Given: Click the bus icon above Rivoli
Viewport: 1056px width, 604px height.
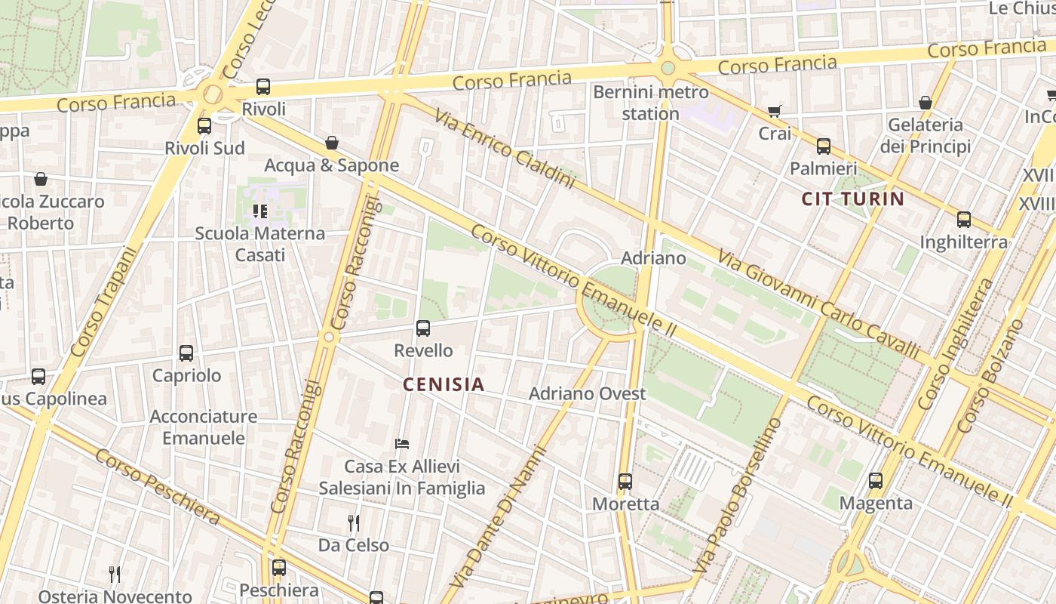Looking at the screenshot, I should coord(263,87).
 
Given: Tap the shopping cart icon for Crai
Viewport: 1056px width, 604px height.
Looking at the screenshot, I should coord(775,112).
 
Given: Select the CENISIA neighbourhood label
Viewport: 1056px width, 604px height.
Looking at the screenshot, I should coord(444,384).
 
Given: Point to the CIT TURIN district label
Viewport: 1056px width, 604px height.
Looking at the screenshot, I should coord(852,199).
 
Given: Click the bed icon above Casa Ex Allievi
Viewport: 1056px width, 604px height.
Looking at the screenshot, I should coord(402,444).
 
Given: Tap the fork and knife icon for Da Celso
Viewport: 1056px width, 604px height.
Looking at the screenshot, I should coord(353,522).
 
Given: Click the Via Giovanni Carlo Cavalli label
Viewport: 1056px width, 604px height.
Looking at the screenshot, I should coord(818,305).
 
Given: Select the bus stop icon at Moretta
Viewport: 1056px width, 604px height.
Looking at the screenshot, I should coord(625,481).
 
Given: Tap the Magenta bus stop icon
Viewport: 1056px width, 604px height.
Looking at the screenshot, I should coord(876,480).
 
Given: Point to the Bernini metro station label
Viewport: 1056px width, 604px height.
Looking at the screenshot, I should coord(650,103).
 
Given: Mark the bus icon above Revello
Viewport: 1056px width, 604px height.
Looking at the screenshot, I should coord(423,328).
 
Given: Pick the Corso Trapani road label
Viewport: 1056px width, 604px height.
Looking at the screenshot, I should coord(106,302).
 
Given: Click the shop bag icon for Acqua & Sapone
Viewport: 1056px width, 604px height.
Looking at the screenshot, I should coord(331,143).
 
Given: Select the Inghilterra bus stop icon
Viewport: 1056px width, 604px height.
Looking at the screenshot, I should coord(963,220).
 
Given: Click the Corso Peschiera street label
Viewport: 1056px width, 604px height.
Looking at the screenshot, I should coord(157,487).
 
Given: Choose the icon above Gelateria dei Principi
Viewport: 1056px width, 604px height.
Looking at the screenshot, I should coord(926,103).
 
